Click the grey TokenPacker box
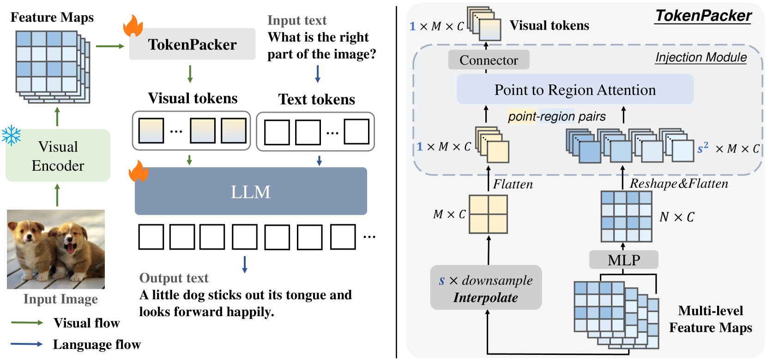point(192,44)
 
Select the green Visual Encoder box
point(58,156)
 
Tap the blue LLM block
point(251,191)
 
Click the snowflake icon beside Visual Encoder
point(11,136)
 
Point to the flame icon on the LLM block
point(139,171)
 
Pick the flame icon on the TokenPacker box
point(133,26)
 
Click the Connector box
point(489,60)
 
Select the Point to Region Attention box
point(575,90)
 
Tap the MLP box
point(623,260)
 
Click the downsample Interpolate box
point(486,288)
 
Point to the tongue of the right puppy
point(70,248)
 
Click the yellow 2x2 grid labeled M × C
point(488,214)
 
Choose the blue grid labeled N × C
point(627,216)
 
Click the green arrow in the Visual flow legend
point(27,322)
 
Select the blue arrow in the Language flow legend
point(27,344)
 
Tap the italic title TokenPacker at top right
point(703,16)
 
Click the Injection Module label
point(701,57)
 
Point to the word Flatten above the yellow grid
point(513,184)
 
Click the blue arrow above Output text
point(244,264)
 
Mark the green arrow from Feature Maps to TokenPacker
point(110,46)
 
